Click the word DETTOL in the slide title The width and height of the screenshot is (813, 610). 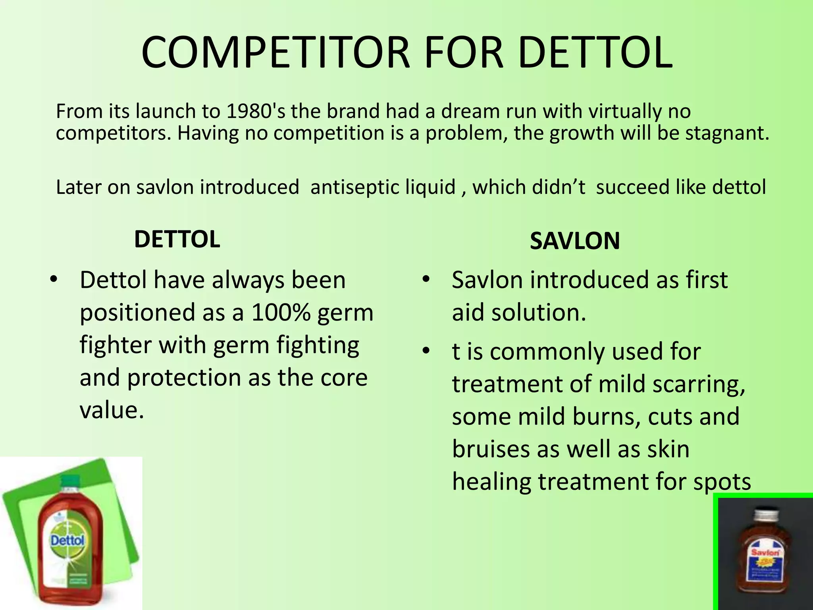click(x=595, y=53)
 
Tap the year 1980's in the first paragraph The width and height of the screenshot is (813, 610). click(x=256, y=111)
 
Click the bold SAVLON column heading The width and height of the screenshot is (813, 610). click(x=574, y=241)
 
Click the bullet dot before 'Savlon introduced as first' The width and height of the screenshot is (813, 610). click(x=426, y=280)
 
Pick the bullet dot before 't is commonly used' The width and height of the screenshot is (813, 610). click(x=426, y=351)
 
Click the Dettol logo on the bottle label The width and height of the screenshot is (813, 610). click(x=67, y=541)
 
